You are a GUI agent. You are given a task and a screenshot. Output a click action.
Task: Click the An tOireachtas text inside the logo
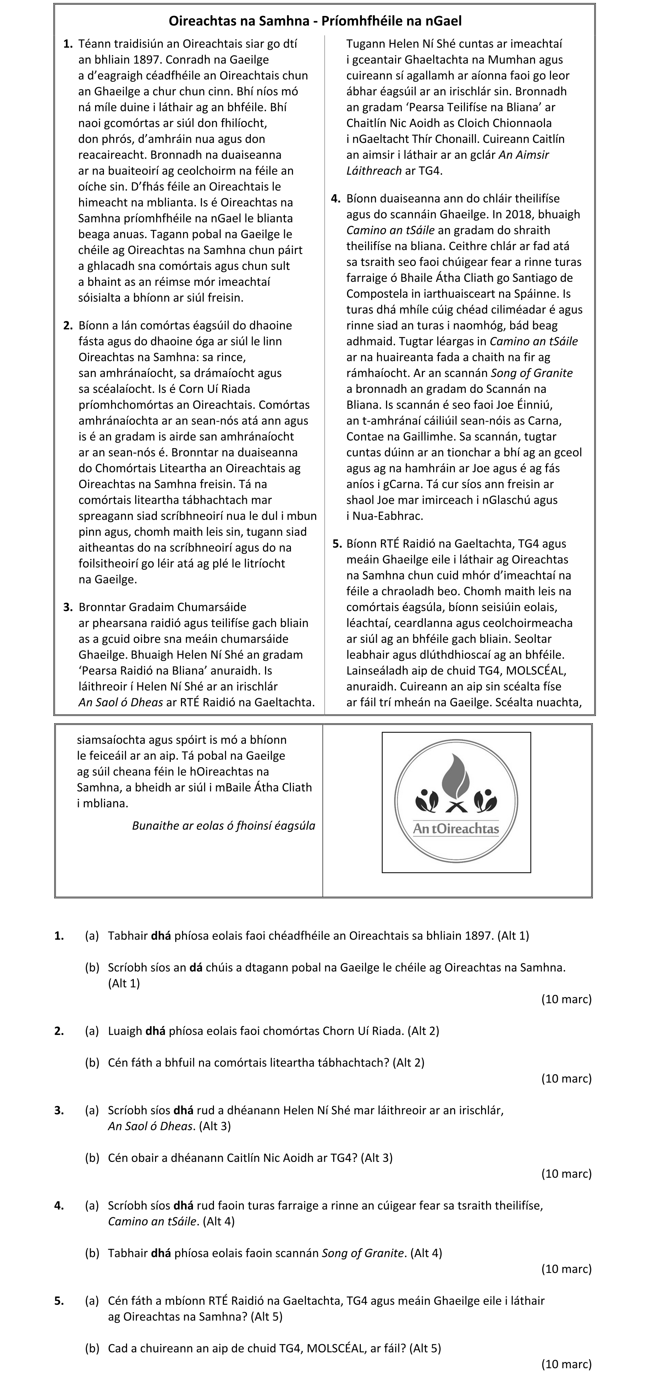tap(456, 829)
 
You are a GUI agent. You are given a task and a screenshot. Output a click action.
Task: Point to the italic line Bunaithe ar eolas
tap(223, 826)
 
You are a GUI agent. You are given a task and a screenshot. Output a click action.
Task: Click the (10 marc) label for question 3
tap(566, 1174)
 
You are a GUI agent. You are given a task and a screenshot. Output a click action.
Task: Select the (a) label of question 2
tap(92, 1031)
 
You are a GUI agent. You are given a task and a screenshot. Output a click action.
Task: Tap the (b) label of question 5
tap(92, 1348)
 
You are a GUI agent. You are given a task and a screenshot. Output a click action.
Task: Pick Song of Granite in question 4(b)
tap(363, 1253)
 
